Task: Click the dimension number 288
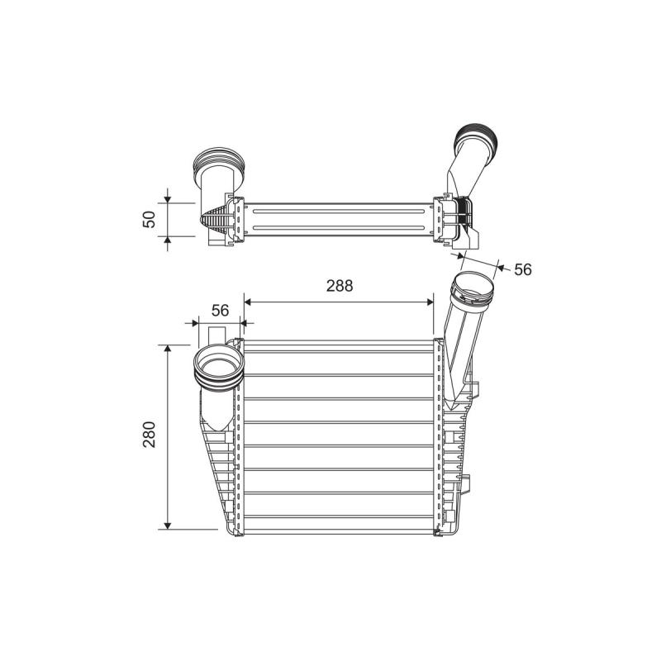pyautogui.click(x=340, y=286)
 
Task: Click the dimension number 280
pyautogui.click(x=150, y=435)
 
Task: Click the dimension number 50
pyautogui.click(x=150, y=219)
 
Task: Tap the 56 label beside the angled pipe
pyautogui.click(x=523, y=269)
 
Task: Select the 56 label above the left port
pyautogui.click(x=220, y=311)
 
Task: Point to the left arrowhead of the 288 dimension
pyautogui.click(x=248, y=302)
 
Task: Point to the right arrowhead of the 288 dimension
pyautogui.click(x=430, y=302)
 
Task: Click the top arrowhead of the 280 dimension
pyautogui.click(x=168, y=349)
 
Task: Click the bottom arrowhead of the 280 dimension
pyautogui.click(x=168, y=525)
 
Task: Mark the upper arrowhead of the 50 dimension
pyautogui.click(x=168, y=198)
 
